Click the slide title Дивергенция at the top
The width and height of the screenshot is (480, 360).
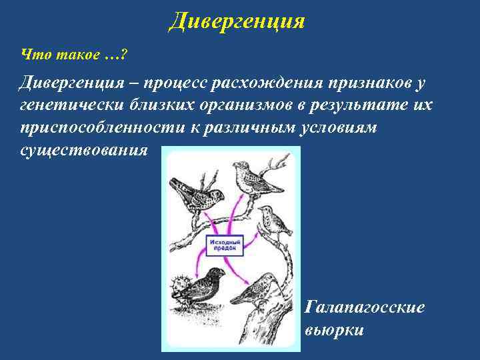(x=237, y=21)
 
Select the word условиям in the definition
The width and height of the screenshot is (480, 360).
(x=337, y=127)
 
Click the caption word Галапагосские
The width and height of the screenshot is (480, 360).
(x=364, y=307)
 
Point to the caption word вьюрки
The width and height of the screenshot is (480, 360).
(x=334, y=329)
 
